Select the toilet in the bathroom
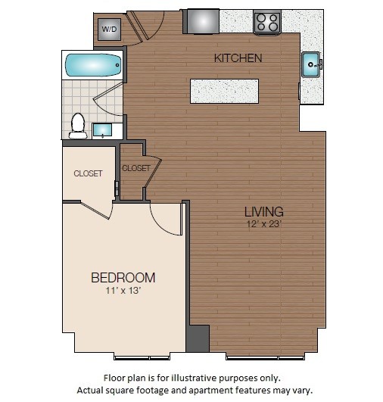tap(77, 126)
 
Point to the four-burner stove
tap(266, 22)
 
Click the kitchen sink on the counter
tap(311, 65)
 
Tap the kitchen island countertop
tap(224, 91)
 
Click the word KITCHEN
tap(238, 58)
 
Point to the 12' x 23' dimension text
tap(263, 223)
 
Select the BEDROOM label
tap(123, 277)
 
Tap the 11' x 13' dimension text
tap(123, 290)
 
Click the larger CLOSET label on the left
tap(88, 173)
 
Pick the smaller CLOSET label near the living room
tap(135, 168)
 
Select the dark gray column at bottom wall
tap(197, 338)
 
